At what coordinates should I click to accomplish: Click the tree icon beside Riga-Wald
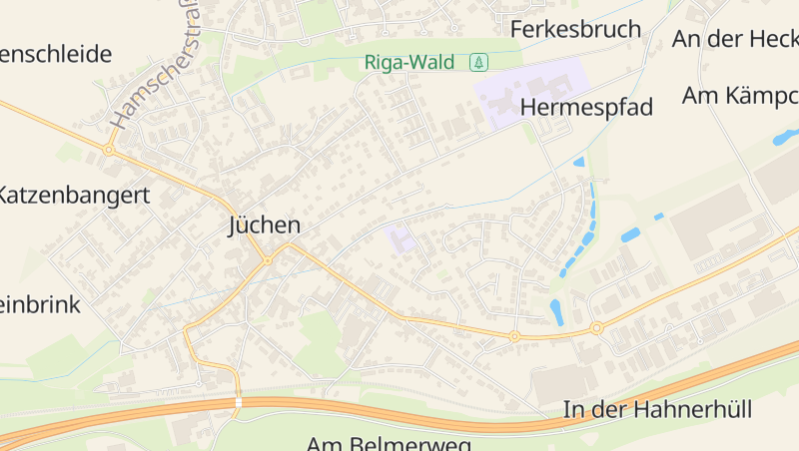(479, 62)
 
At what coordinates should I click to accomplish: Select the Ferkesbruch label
(575, 29)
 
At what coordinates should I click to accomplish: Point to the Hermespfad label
(586, 107)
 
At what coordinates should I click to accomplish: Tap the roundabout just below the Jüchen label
(268, 260)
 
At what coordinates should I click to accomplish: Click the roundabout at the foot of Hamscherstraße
(108, 150)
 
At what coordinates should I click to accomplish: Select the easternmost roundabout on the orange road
(596, 327)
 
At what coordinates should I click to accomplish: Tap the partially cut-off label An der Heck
(735, 39)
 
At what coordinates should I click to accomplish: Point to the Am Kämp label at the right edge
(740, 96)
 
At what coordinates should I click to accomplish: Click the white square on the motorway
(238, 402)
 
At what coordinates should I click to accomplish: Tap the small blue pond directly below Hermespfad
(579, 162)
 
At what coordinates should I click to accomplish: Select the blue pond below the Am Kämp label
(783, 138)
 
